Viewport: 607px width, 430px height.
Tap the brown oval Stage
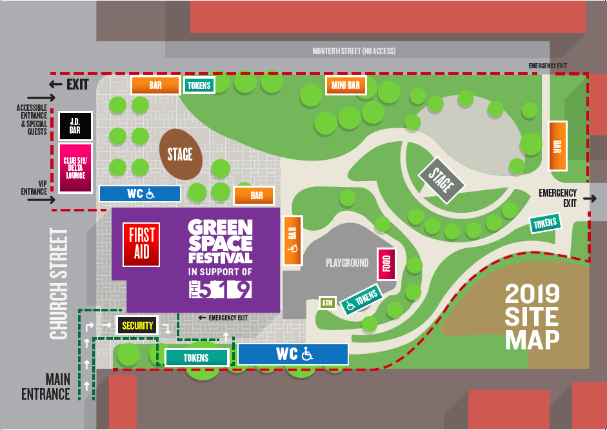coord(181,154)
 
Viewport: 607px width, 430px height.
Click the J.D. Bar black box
coord(75,126)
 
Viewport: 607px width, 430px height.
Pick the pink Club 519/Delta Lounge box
coord(75,168)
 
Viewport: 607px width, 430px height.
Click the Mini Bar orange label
coord(346,85)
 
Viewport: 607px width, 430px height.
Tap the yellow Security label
coord(137,326)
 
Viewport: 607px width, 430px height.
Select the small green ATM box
coord(328,302)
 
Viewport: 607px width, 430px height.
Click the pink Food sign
coord(386,264)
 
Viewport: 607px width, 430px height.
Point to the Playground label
coord(346,262)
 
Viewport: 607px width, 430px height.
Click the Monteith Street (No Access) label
coord(353,51)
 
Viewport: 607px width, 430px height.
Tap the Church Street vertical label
coord(59,284)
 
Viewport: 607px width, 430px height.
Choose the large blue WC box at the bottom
coord(293,354)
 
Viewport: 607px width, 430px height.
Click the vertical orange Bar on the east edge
coord(557,146)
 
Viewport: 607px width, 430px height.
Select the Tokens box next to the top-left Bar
coord(199,85)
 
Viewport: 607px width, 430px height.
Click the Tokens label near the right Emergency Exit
coord(544,223)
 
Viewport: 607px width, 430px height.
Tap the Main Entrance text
coord(46,386)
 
